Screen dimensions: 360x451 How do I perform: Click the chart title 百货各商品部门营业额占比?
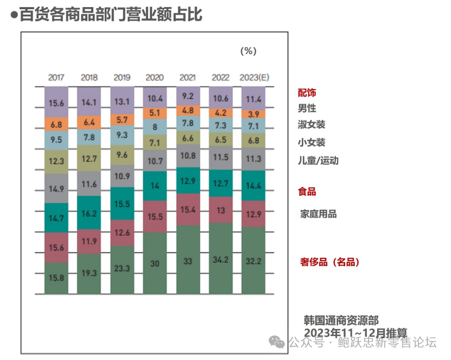tap(110, 14)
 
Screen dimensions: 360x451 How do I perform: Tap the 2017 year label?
tap(56, 78)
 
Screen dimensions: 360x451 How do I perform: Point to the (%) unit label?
tap(248, 51)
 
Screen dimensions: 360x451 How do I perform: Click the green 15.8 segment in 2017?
tap(56, 278)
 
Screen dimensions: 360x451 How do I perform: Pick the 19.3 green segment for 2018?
tap(89, 274)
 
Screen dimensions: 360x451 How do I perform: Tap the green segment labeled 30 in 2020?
tap(155, 263)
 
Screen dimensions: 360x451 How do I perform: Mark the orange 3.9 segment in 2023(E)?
tap(253, 114)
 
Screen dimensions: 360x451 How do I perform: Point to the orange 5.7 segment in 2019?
tap(122, 120)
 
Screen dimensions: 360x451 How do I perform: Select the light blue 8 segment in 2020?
tap(155, 127)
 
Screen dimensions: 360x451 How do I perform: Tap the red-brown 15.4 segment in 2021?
tap(188, 209)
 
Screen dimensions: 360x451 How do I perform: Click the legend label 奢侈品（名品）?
tap(329, 262)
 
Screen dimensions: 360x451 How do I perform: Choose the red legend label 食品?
tap(307, 192)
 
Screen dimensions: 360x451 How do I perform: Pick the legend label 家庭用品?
tap(319, 214)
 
